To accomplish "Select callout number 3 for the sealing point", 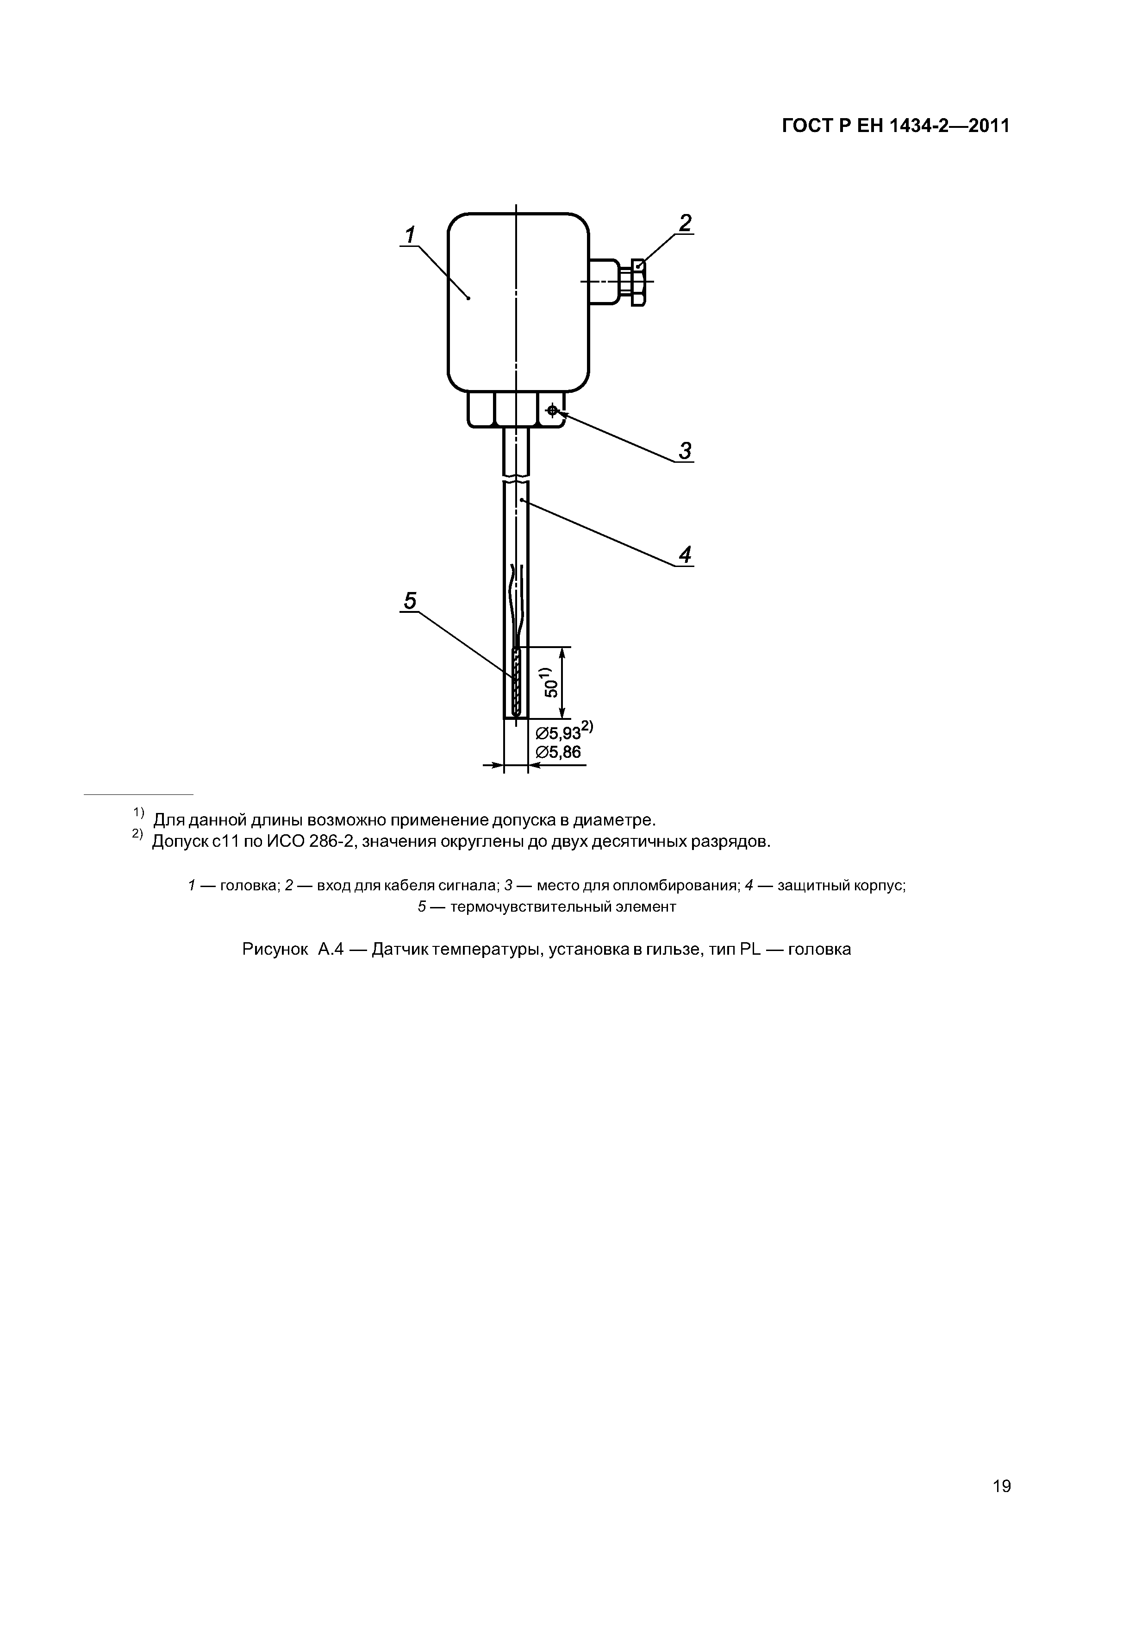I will tap(684, 450).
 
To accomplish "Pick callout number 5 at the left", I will tap(410, 601).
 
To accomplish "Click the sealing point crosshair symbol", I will tap(552, 410).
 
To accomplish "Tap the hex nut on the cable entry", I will tap(637, 283).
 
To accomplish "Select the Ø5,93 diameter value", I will tap(558, 732).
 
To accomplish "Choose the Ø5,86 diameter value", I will tap(558, 752).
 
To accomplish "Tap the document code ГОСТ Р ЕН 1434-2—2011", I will tap(895, 126).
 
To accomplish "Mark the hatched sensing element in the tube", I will tap(516, 682).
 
